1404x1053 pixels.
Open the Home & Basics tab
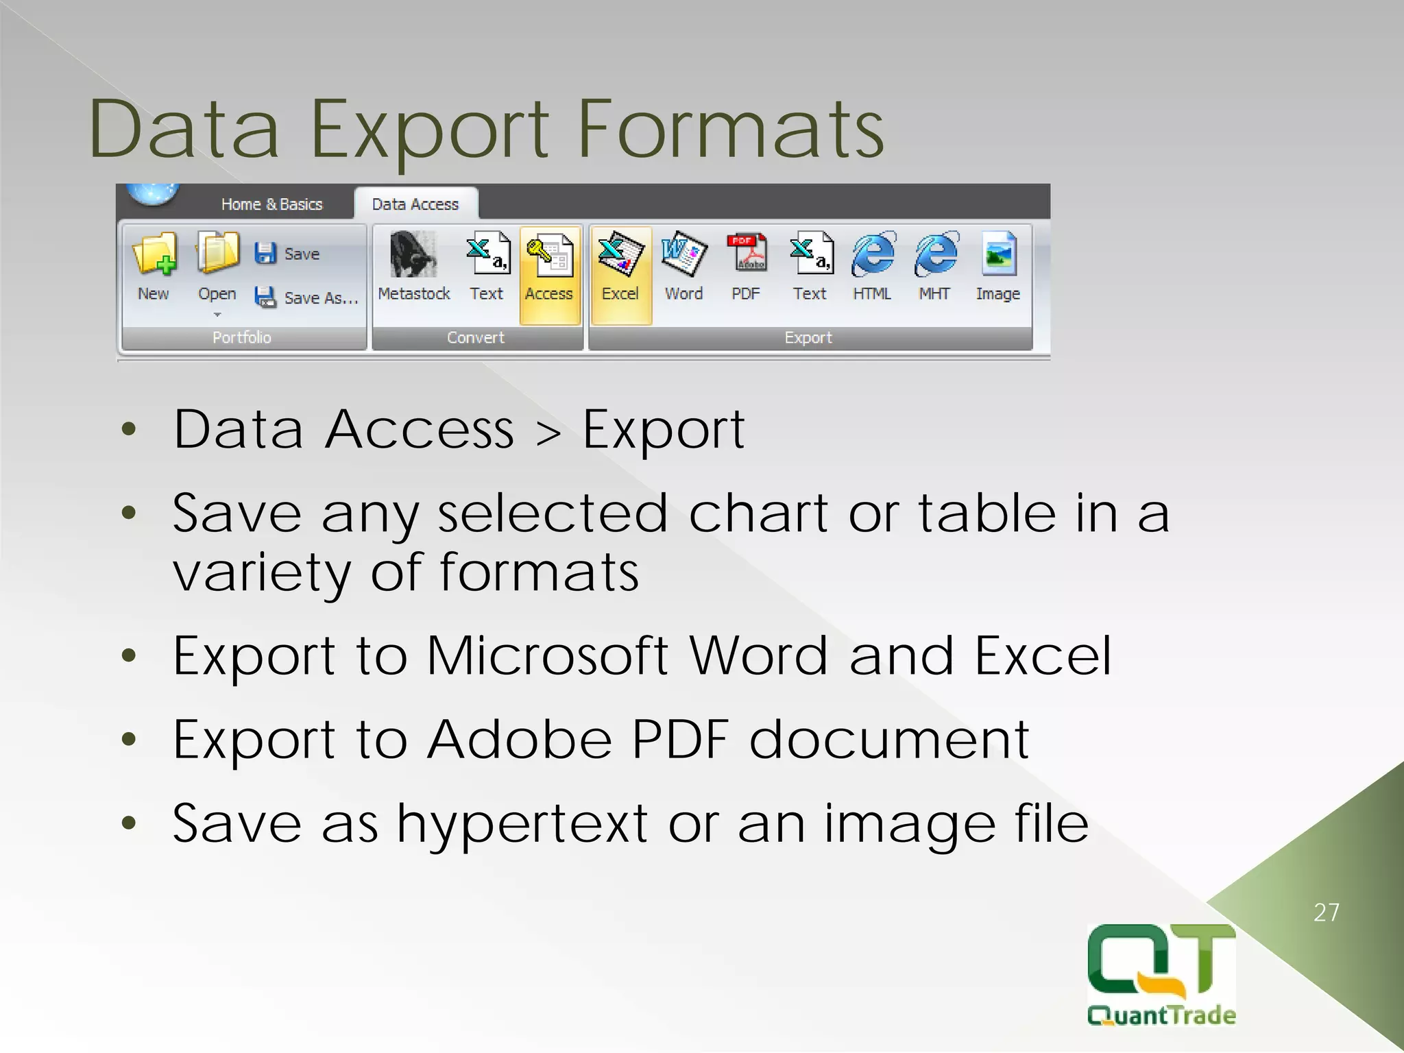click(271, 204)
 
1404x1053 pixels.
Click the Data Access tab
click(415, 204)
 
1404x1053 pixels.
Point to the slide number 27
click(1326, 912)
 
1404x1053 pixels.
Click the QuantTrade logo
click(1161, 973)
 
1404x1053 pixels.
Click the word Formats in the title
click(731, 130)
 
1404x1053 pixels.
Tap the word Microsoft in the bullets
click(547, 656)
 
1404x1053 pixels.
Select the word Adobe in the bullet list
click(519, 740)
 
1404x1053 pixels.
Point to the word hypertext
click(522, 825)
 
